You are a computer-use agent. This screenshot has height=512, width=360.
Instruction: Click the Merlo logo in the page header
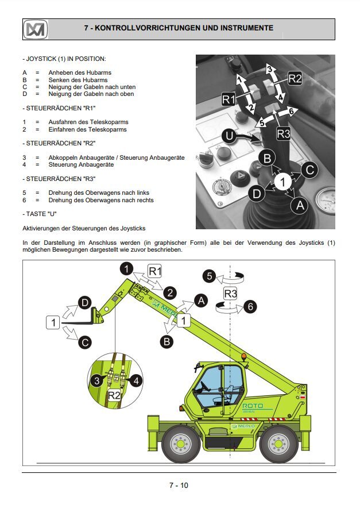tap(35, 28)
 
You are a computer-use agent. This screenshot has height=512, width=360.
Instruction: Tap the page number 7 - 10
tap(179, 485)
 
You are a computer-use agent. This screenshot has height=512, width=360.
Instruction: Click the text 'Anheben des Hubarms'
tap(80, 73)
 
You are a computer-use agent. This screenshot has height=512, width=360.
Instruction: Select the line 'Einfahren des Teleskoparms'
tap(87, 129)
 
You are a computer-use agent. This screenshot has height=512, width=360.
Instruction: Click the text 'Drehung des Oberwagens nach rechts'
tap(100, 200)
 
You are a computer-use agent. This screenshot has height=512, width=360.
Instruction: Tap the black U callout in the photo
tap(230, 137)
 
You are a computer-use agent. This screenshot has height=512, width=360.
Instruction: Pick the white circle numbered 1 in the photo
tap(282, 182)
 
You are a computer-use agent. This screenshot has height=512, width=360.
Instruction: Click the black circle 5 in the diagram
tap(210, 276)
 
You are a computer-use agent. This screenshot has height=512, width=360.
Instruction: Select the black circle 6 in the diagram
tap(250, 306)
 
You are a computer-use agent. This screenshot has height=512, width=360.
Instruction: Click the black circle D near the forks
tap(85, 302)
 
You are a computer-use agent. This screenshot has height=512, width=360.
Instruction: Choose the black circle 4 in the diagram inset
tap(136, 380)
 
